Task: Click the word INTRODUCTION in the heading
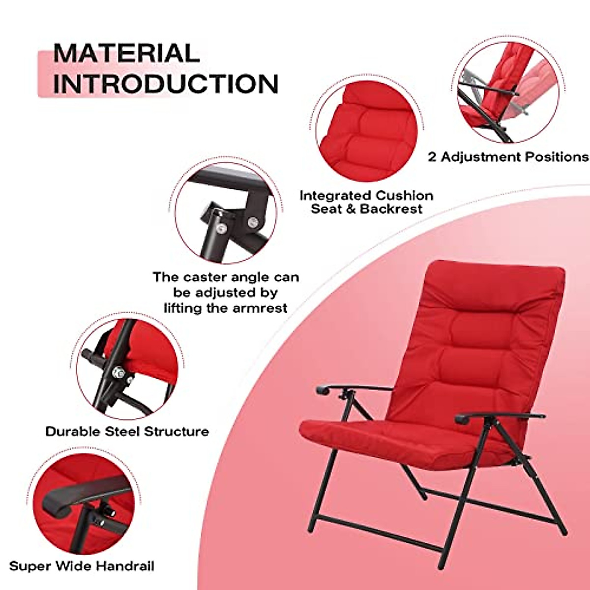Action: (165, 84)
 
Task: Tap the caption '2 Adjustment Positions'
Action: (508, 157)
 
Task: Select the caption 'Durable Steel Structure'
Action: (127, 432)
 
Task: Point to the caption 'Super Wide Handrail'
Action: (82, 566)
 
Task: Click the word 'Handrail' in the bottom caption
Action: (125, 566)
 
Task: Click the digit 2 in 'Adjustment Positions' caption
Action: (432, 157)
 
